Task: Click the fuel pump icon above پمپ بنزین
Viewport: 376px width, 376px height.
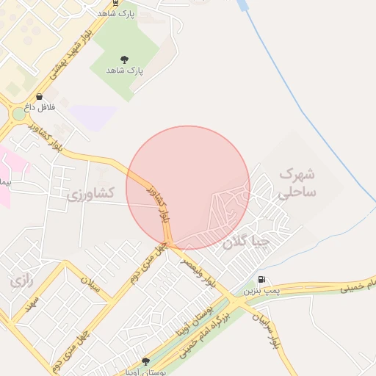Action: [x=262, y=280]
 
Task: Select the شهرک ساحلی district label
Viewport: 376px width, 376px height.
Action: [x=297, y=183]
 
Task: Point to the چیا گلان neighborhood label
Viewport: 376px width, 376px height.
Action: [x=247, y=241]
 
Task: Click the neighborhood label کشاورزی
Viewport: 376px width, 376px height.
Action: [x=91, y=194]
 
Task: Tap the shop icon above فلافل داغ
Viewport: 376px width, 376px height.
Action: [x=39, y=96]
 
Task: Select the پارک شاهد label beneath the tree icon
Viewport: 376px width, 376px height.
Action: [x=124, y=70]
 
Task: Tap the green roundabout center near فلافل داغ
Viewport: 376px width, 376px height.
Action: [x=19, y=114]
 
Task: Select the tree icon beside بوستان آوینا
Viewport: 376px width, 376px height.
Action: [x=145, y=361]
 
